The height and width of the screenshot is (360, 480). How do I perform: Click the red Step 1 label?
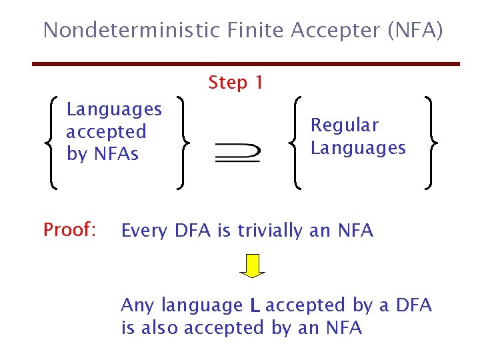click(235, 83)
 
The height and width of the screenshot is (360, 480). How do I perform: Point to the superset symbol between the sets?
click(237, 153)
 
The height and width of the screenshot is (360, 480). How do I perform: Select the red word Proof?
click(70, 230)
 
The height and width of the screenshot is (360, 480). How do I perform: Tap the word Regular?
click(345, 125)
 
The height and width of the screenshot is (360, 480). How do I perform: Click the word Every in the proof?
click(145, 231)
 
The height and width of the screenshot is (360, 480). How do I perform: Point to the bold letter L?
click(254, 306)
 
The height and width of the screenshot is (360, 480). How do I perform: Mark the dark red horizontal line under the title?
click(247, 64)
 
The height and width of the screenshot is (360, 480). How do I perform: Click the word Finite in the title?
click(247, 30)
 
